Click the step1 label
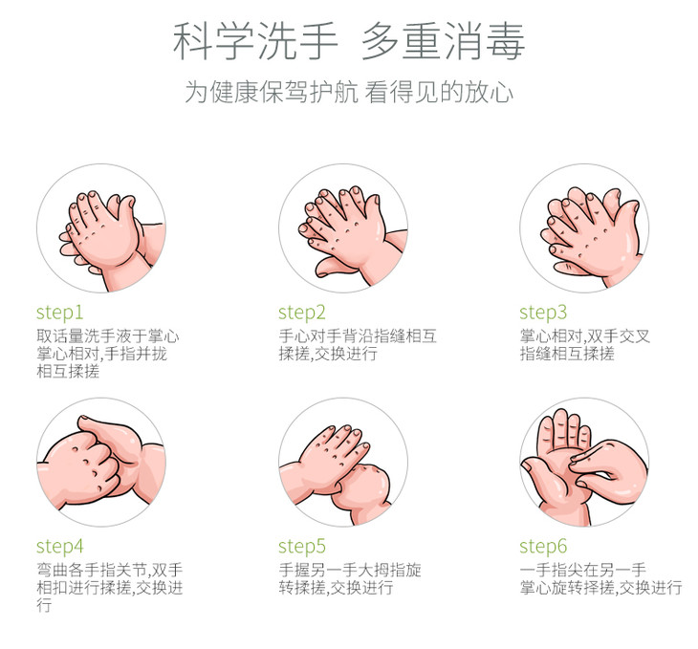59,313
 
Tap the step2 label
302,313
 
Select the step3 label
543,313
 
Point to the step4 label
59,547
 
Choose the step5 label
302,547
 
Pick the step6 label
543,547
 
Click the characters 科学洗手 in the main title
255,41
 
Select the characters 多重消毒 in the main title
443,41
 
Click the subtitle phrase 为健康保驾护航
272,92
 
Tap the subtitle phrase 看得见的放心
439,92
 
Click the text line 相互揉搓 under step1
68,371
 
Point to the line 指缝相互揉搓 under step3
567,354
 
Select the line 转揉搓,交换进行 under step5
336,588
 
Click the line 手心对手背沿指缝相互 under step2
358,336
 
